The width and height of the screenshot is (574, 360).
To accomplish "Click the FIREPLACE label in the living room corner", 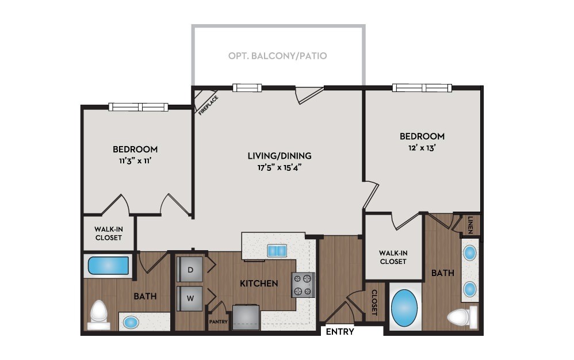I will [208, 105].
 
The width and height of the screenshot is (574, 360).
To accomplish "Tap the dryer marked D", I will [190, 268].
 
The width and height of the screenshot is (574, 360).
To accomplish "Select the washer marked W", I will [190, 298].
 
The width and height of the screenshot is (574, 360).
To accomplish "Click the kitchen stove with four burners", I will [303, 284].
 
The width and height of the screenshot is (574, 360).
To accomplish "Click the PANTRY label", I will [218, 322].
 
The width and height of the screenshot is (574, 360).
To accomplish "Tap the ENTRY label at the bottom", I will [340, 332].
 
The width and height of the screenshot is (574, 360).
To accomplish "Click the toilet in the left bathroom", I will [99, 314].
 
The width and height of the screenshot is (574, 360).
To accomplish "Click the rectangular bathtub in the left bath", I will [108, 266].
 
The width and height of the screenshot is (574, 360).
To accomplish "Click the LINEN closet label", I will [470, 223].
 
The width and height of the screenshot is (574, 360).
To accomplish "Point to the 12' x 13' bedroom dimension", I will [422, 148].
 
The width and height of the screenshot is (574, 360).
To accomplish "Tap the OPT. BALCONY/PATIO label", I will [277, 56].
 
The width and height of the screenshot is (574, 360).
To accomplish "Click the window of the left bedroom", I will [139, 106].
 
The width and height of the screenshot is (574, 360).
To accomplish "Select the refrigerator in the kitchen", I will [247, 317].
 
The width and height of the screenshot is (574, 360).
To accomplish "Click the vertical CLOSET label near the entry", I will [374, 302].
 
